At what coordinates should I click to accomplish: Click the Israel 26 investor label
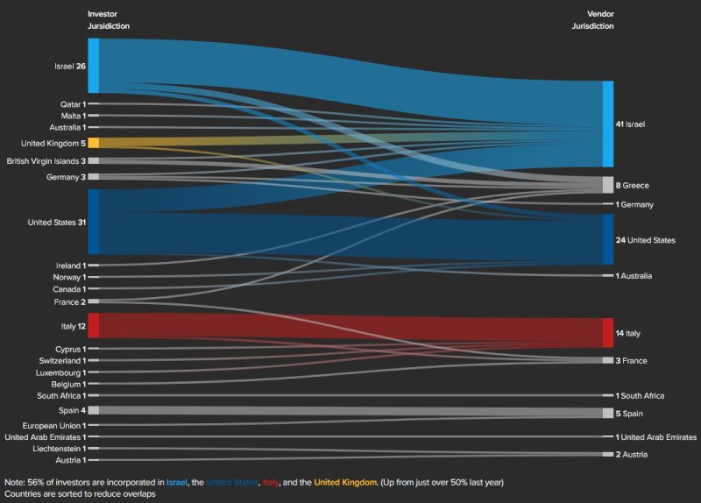click(x=69, y=66)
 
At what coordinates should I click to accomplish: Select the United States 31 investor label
click(x=57, y=223)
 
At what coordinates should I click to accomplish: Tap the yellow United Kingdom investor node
click(x=93, y=143)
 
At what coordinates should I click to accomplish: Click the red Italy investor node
click(x=93, y=325)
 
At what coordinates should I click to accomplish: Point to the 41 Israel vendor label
click(x=630, y=124)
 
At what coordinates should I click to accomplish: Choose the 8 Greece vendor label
click(x=633, y=186)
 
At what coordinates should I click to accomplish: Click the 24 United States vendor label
click(x=646, y=239)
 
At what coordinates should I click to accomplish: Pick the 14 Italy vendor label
click(x=628, y=334)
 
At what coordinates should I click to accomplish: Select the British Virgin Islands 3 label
click(x=46, y=161)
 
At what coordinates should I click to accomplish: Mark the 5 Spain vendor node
click(x=607, y=413)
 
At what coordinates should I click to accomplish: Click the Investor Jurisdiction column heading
click(x=108, y=21)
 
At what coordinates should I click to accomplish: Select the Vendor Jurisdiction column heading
click(x=593, y=21)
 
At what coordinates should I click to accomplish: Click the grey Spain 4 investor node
click(x=93, y=410)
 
